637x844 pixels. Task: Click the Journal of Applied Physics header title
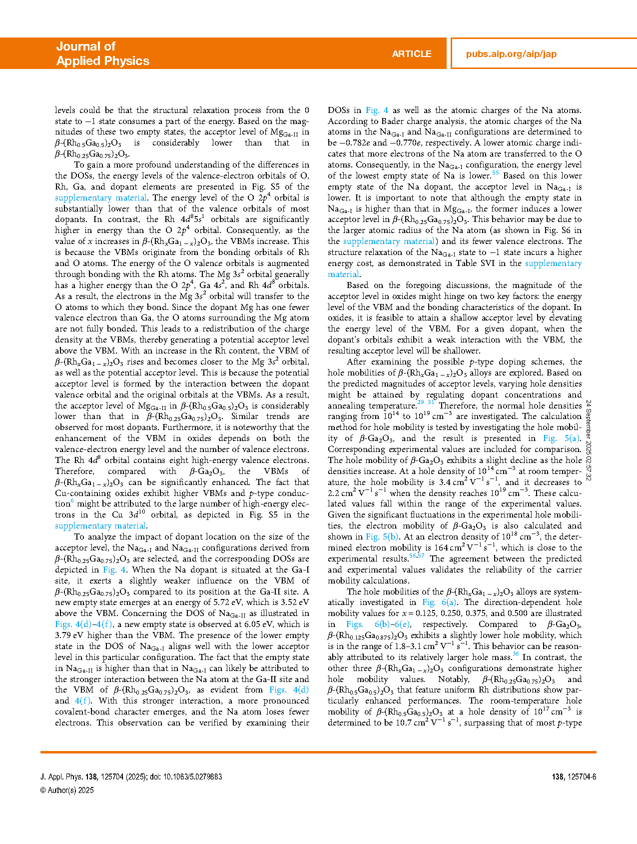click(102, 53)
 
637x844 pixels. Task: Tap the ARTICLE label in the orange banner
click(411, 54)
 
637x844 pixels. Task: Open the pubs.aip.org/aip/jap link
click(511, 54)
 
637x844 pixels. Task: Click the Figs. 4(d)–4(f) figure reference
click(84, 624)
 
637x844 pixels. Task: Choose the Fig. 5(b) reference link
click(382, 536)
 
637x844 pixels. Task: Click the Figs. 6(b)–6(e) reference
click(379, 624)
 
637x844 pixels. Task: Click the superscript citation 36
click(515, 654)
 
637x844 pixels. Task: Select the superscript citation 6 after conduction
click(72, 501)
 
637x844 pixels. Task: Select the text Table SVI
click(477, 263)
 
